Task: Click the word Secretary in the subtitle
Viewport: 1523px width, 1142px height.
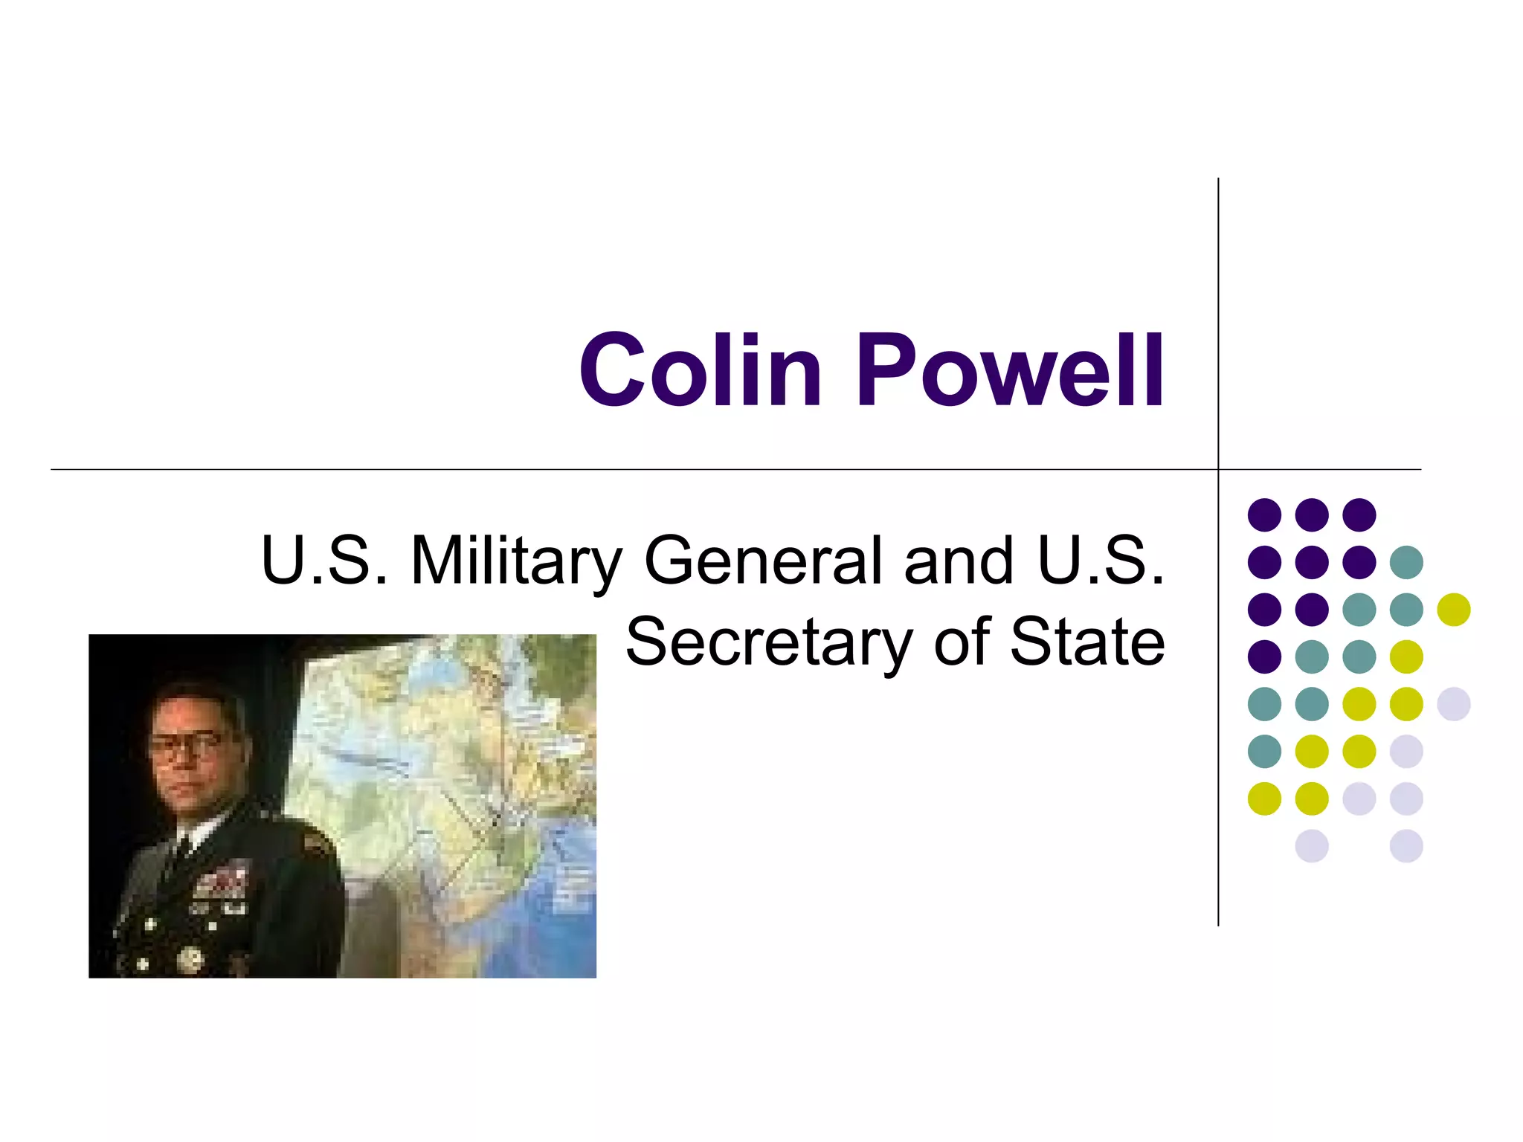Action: pyautogui.click(x=769, y=643)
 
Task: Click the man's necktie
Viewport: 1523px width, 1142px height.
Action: pyautogui.click(x=178, y=855)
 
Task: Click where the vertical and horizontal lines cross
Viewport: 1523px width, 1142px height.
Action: pyautogui.click(x=1218, y=470)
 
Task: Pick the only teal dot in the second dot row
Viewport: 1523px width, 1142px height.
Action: pyautogui.click(x=1406, y=562)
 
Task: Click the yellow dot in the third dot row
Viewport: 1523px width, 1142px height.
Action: pyautogui.click(x=1453, y=610)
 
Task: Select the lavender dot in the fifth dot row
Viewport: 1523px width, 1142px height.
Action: pyautogui.click(x=1453, y=704)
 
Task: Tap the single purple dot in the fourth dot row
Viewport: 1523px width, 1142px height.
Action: pyautogui.click(x=1264, y=657)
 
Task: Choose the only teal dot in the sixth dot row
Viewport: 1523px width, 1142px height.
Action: pyautogui.click(x=1264, y=751)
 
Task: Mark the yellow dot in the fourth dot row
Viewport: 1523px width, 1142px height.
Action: pyautogui.click(x=1406, y=657)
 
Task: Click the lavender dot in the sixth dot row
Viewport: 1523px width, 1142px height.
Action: pyautogui.click(x=1406, y=751)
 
